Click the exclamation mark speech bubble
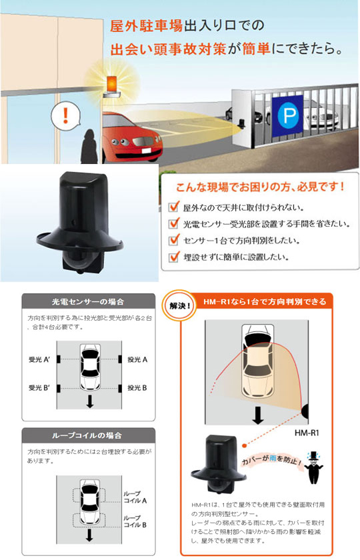point(65,116)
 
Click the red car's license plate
point(147,151)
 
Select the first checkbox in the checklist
point(174,207)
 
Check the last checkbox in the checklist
point(174,257)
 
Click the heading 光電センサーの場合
point(88,302)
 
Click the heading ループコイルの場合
point(87,435)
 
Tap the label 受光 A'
point(39,359)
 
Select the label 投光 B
point(137,388)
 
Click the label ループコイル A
point(135,497)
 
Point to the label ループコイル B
point(135,521)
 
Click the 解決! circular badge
point(179,307)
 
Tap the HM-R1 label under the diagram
point(307,433)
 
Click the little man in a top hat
point(313,467)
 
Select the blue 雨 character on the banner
point(273,458)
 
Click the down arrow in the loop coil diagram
point(89,535)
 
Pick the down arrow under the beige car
point(257,415)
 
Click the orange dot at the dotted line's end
point(244,446)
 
